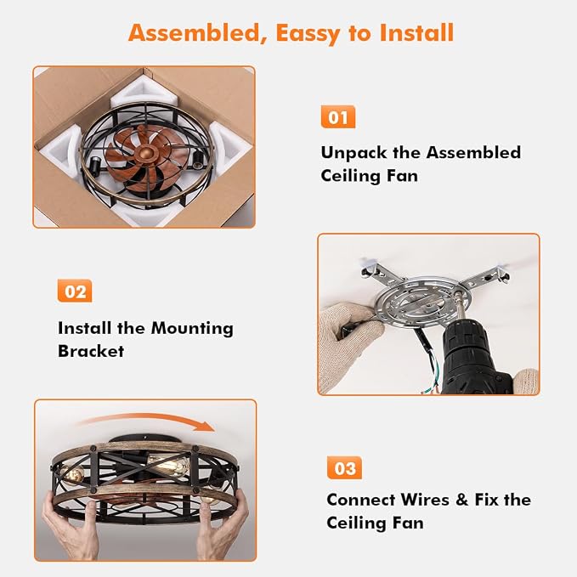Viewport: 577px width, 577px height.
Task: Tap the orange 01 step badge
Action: tap(338, 117)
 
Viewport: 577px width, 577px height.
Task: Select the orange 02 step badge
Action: tap(75, 291)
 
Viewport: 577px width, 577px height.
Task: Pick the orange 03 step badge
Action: tap(344, 467)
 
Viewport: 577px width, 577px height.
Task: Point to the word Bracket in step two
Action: tap(91, 351)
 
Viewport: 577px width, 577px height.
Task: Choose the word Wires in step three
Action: tap(425, 500)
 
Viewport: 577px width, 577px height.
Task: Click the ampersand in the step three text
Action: tap(461, 500)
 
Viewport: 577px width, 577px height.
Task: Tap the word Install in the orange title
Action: tap(416, 33)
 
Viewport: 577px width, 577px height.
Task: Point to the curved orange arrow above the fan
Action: tap(147, 418)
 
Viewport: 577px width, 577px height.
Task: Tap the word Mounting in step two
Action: tap(192, 329)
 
